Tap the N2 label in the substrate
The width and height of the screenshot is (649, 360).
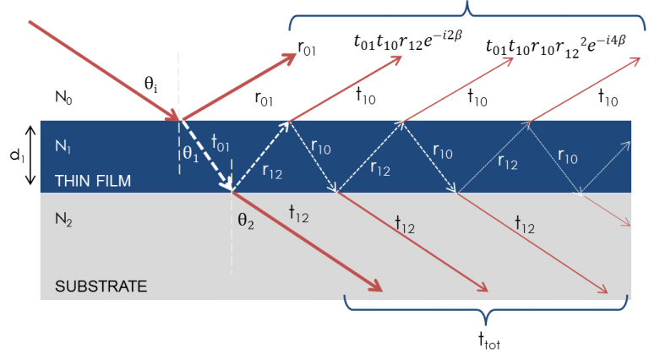pyautogui.click(x=64, y=219)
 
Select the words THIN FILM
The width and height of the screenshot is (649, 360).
pyautogui.click(x=93, y=181)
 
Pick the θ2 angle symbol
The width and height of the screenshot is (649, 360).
pyautogui.click(x=245, y=226)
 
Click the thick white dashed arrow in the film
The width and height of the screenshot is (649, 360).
pyautogui.click(x=207, y=157)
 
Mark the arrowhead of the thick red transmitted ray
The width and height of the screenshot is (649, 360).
pyautogui.click(x=375, y=286)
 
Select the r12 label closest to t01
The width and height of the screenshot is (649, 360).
pyautogui.click(x=272, y=171)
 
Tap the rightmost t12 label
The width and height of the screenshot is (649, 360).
pyautogui.click(x=526, y=224)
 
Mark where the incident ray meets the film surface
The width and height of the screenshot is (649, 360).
pyautogui.click(x=180, y=120)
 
